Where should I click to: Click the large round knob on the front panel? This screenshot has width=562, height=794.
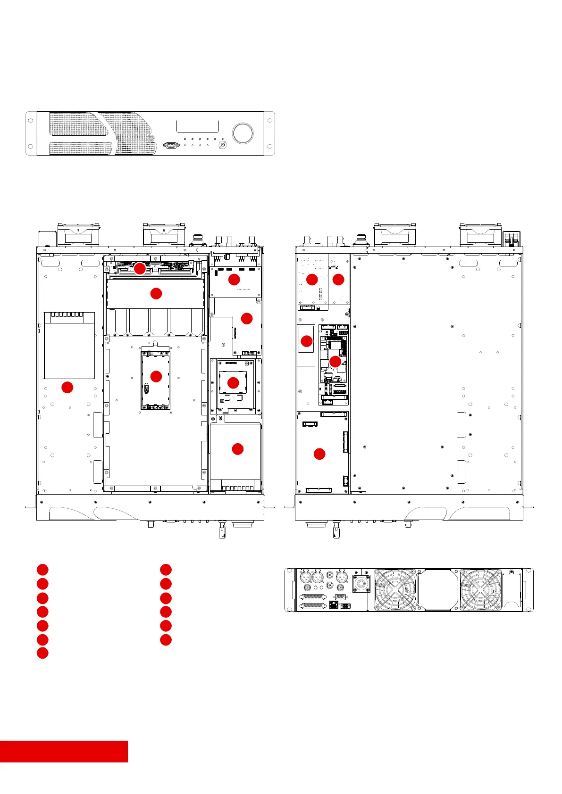click(243, 133)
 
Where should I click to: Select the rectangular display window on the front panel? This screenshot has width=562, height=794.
click(197, 126)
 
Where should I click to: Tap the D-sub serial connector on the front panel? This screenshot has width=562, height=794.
click(171, 146)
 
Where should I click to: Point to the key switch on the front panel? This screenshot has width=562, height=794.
click(223, 146)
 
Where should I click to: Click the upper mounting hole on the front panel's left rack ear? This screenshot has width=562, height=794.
click(31, 120)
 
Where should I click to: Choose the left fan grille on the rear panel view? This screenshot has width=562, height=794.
click(395, 590)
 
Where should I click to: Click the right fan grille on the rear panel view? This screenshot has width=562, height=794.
click(481, 590)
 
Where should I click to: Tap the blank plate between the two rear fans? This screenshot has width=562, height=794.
click(438, 590)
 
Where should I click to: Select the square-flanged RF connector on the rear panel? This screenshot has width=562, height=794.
click(361, 583)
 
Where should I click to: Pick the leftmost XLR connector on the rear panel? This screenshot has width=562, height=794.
click(306, 577)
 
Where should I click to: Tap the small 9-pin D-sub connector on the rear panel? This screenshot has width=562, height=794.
click(340, 596)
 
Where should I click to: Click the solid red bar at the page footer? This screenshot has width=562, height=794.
click(64, 751)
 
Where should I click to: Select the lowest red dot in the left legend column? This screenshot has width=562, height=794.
click(42, 653)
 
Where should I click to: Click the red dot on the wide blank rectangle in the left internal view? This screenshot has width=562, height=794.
click(156, 293)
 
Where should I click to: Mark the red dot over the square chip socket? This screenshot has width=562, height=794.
click(233, 382)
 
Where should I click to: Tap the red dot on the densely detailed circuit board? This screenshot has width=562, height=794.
click(335, 362)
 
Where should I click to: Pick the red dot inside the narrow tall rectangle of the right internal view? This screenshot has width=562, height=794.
click(307, 341)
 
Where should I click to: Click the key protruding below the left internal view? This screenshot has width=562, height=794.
click(221, 531)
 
